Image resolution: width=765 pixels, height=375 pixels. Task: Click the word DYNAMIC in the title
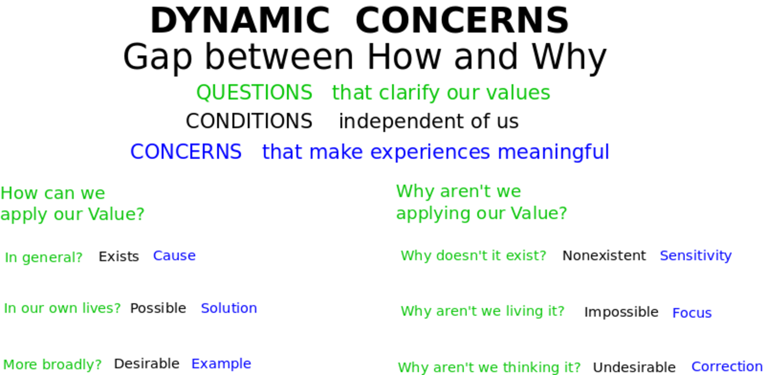(x=240, y=20)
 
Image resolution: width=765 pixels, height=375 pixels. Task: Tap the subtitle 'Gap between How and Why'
(x=365, y=57)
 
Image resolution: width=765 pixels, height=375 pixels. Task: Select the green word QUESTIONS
(x=254, y=92)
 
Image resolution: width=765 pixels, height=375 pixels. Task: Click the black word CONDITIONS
(x=249, y=121)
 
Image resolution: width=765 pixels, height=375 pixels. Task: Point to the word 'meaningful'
(x=553, y=152)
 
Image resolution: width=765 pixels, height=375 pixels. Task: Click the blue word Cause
(x=174, y=256)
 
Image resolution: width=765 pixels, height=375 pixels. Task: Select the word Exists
(x=119, y=256)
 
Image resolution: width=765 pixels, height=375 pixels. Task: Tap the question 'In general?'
(x=44, y=258)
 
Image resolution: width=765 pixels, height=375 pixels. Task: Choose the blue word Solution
(x=229, y=308)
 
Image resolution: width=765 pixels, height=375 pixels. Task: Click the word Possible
(x=158, y=308)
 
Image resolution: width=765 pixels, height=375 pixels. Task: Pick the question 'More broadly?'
(x=53, y=364)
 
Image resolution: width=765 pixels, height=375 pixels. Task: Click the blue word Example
(x=221, y=364)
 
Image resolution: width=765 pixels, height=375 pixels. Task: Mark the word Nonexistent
(x=604, y=256)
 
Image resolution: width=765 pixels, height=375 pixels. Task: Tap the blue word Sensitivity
(x=696, y=256)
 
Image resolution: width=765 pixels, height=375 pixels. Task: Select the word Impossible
(x=621, y=312)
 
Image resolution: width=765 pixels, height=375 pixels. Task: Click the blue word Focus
(x=692, y=313)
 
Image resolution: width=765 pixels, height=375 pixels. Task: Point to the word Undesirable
(x=634, y=367)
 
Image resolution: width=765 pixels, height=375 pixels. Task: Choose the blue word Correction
(x=727, y=366)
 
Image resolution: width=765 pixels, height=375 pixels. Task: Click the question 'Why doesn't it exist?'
(x=474, y=256)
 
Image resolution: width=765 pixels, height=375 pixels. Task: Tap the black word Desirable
(x=146, y=364)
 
